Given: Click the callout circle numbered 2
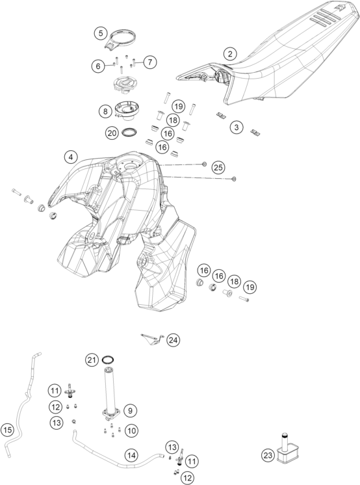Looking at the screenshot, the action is [x=230, y=54].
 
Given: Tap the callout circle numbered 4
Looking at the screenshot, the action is [x=71, y=157].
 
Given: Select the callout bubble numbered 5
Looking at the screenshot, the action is [x=101, y=33].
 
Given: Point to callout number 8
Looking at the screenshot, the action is [x=105, y=111].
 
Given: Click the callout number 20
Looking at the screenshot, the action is [x=112, y=133].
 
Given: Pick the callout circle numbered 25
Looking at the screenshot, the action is [x=218, y=167].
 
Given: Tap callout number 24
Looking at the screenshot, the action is [x=174, y=340].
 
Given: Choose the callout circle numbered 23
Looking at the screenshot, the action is [x=268, y=455].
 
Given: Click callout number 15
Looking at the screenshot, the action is [x=7, y=430].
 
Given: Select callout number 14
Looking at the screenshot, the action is [x=131, y=455].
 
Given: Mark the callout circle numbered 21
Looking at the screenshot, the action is [x=92, y=360].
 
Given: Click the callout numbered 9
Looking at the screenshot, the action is [x=130, y=410].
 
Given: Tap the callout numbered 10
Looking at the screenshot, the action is [x=132, y=430].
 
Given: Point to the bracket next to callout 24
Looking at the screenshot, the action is [x=152, y=339].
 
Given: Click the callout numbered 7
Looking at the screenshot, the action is [x=150, y=62].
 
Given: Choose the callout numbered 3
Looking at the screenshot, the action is [x=237, y=127].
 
